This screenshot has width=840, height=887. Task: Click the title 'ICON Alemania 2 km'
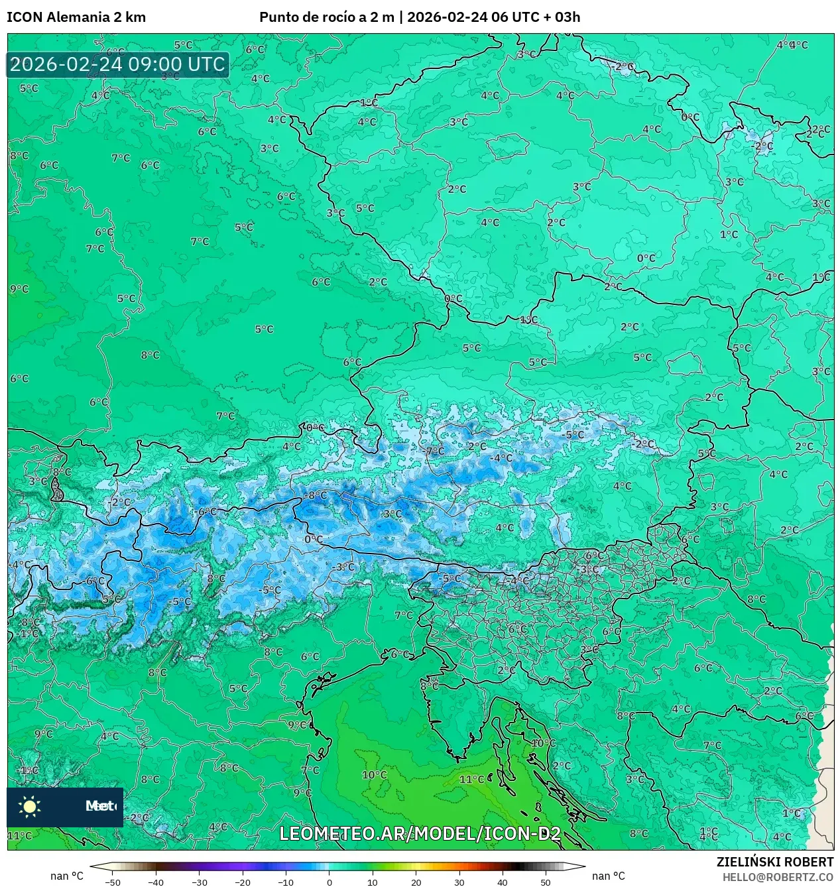[x=76, y=17]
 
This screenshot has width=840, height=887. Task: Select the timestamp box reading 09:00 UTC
[x=118, y=65]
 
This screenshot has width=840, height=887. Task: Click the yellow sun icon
[x=30, y=806]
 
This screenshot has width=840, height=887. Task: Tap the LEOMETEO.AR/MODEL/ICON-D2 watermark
[x=420, y=834]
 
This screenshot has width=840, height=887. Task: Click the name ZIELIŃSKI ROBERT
[x=774, y=862]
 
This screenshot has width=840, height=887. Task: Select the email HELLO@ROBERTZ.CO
[x=777, y=877]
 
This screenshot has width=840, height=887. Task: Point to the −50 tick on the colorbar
[x=113, y=882]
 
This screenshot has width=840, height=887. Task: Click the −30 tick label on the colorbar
[x=199, y=882]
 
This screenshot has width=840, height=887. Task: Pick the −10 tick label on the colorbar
[x=285, y=882]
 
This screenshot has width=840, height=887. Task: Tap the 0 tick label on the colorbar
[x=330, y=882]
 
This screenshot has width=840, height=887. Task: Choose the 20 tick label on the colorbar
[x=416, y=882]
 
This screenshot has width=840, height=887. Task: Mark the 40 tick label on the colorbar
[x=502, y=882]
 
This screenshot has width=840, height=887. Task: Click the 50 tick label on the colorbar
[x=545, y=882]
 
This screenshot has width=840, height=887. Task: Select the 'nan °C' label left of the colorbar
[x=67, y=876]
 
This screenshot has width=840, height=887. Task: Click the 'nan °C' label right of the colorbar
[x=608, y=876]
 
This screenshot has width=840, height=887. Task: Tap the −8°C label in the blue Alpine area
[x=316, y=495]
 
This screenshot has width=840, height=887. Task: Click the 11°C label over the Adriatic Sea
[x=471, y=780]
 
